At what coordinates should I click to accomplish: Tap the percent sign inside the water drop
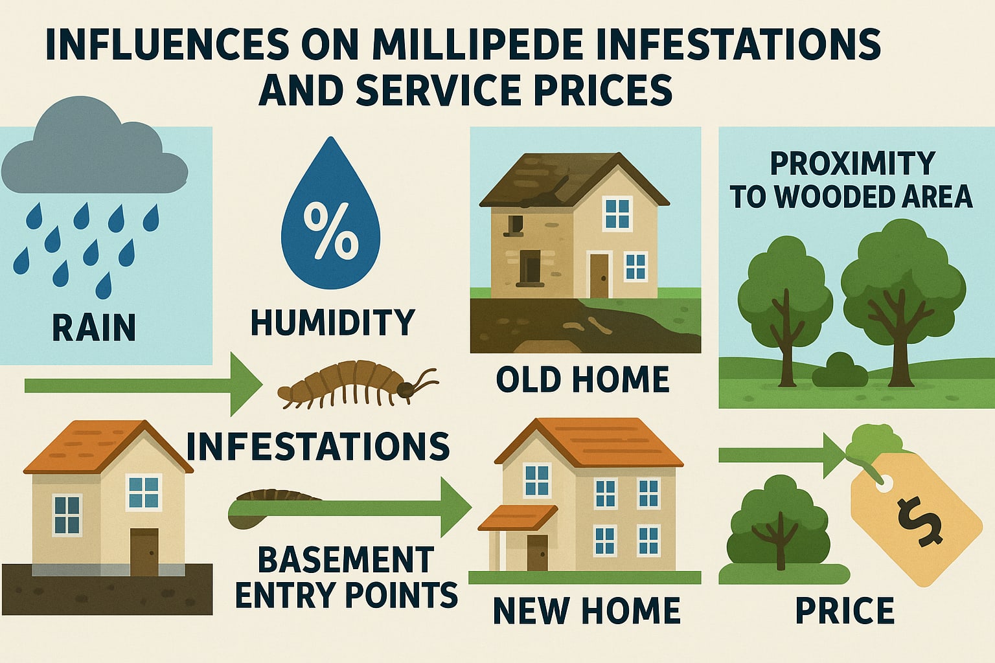pos(330,230)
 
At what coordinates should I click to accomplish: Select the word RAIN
pos(94,327)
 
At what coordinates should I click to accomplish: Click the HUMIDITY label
pos(332,322)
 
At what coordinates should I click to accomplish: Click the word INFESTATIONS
pos(318,446)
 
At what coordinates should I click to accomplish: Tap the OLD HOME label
pos(582,379)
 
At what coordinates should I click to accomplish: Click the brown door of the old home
pos(599,275)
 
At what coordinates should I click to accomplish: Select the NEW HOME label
pos(586,611)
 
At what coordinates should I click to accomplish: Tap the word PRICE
pos(845,611)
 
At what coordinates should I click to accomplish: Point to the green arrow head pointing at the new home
pos(456,507)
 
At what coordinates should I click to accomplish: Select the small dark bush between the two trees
pos(840,372)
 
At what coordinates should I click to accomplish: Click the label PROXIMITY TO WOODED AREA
pos(851,180)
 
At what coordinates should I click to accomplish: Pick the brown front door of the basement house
pos(144,551)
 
